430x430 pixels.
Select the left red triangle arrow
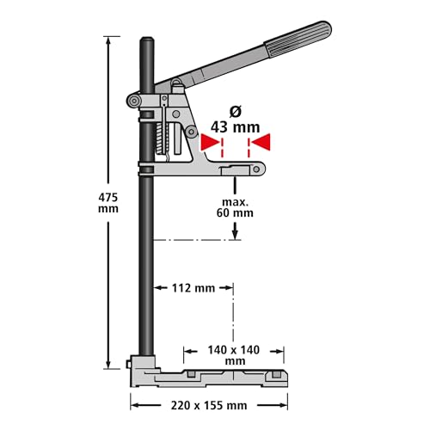[211, 141]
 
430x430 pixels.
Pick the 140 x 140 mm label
[235, 356]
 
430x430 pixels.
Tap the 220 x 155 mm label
[207, 403]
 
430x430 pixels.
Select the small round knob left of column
[134, 102]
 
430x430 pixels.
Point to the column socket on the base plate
[143, 365]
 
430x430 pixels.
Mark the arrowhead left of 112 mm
[159, 289]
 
